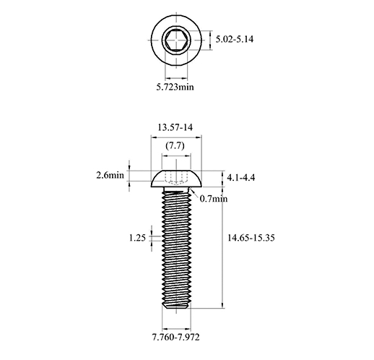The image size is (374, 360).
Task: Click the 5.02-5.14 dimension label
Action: click(x=235, y=39)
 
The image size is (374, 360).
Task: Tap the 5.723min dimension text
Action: click(x=175, y=87)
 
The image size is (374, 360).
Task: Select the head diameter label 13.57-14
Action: click(x=175, y=127)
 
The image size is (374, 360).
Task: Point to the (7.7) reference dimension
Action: click(x=175, y=146)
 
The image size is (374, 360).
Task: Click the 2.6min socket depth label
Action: click(x=110, y=175)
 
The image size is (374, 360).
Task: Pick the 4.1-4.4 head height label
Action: click(x=241, y=178)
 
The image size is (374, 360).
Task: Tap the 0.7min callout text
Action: click(x=214, y=199)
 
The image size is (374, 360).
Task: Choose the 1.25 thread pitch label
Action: click(x=137, y=238)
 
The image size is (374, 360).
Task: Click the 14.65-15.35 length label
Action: click(x=251, y=238)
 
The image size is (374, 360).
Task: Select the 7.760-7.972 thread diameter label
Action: click(x=175, y=337)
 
